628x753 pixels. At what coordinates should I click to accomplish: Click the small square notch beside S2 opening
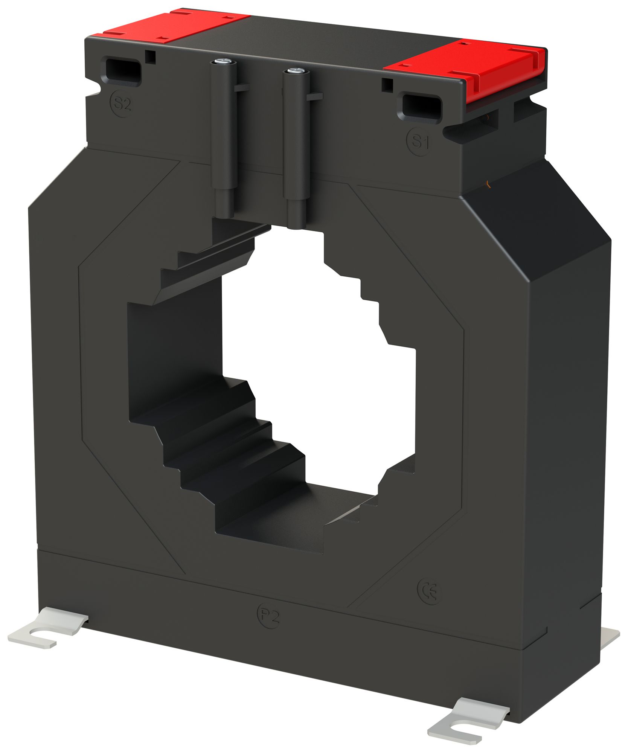click(151, 56)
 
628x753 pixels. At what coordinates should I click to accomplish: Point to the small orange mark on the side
click(488, 183)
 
